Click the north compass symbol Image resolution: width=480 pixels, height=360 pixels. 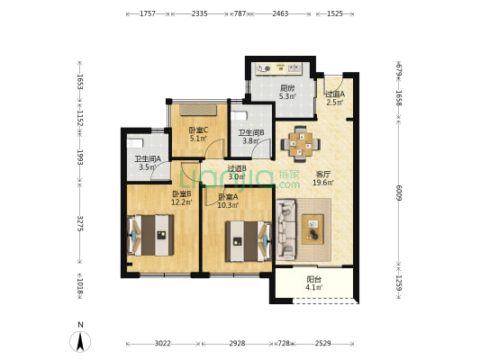(x=80, y=341)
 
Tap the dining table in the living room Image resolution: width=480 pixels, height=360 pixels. (x=301, y=143)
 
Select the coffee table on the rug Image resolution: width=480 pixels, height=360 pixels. (x=312, y=229)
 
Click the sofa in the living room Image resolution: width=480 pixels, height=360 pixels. (x=285, y=229)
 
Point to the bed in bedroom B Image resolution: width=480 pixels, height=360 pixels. (x=150, y=235)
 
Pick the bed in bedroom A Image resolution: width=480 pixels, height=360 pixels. (x=249, y=241)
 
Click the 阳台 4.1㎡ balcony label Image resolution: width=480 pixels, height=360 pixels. (x=314, y=283)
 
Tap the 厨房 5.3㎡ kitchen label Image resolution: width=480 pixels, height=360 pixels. (x=287, y=93)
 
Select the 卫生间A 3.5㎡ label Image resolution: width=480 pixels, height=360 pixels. (x=148, y=163)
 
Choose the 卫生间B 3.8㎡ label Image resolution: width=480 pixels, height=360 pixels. (x=251, y=137)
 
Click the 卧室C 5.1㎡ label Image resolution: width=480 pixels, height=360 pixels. (x=198, y=134)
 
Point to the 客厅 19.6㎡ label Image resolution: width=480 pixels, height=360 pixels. (x=323, y=178)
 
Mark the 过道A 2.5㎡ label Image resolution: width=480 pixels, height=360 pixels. (x=335, y=98)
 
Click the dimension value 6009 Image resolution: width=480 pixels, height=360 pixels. (x=399, y=193)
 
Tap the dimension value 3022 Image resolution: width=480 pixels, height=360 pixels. (x=162, y=343)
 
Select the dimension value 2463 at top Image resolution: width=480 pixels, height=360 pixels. (x=280, y=13)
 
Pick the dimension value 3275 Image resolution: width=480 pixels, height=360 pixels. (x=80, y=223)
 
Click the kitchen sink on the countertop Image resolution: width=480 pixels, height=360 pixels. (x=294, y=68)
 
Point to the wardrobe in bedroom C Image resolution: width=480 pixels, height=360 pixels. (x=198, y=110)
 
